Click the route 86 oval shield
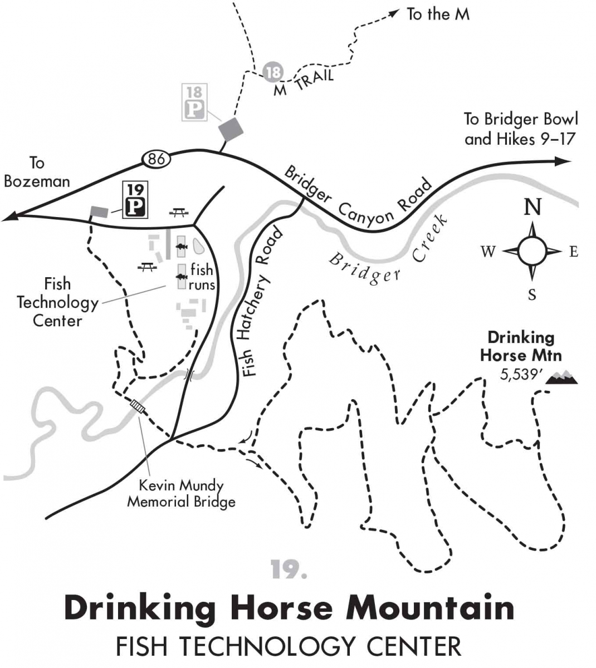click(x=157, y=159)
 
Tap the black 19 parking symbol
click(x=135, y=199)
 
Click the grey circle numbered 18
click(x=273, y=72)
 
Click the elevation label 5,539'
click(x=520, y=374)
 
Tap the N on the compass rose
click(x=533, y=207)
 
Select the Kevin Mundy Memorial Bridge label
click(x=181, y=493)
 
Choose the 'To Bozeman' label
click(x=37, y=172)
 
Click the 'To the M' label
click(x=438, y=14)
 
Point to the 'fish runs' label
click(x=202, y=277)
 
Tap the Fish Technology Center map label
click(x=57, y=302)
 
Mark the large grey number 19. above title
click(x=289, y=569)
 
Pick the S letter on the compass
click(x=532, y=294)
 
